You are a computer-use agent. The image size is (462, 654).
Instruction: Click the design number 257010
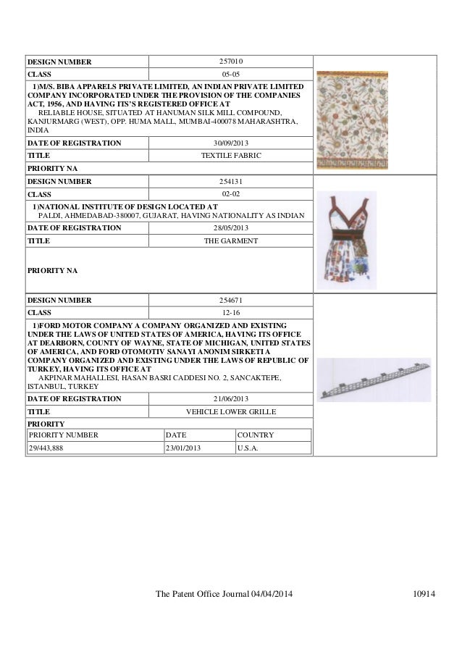point(230,61)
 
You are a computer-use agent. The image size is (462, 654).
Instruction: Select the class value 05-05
point(230,74)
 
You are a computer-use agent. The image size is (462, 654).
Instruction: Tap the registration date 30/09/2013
point(230,143)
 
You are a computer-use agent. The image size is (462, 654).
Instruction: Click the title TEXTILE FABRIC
point(230,156)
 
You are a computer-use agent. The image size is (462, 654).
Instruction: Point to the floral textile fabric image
point(352,120)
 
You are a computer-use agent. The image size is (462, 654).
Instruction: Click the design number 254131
point(230,182)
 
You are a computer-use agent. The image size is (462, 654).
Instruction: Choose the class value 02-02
point(230,194)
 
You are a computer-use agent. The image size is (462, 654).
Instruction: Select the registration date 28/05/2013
point(230,227)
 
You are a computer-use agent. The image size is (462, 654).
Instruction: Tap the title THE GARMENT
point(230,240)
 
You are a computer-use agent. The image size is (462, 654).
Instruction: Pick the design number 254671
point(230,300)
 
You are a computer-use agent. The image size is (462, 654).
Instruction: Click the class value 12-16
point(230,312)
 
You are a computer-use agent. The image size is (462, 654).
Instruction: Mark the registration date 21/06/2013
point(230,398)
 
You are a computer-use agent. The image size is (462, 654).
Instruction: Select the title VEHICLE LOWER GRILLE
point(230,411)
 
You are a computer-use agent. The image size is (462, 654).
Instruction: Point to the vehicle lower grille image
point(374,379)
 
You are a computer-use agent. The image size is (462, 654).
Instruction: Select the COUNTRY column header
point(255,435)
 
